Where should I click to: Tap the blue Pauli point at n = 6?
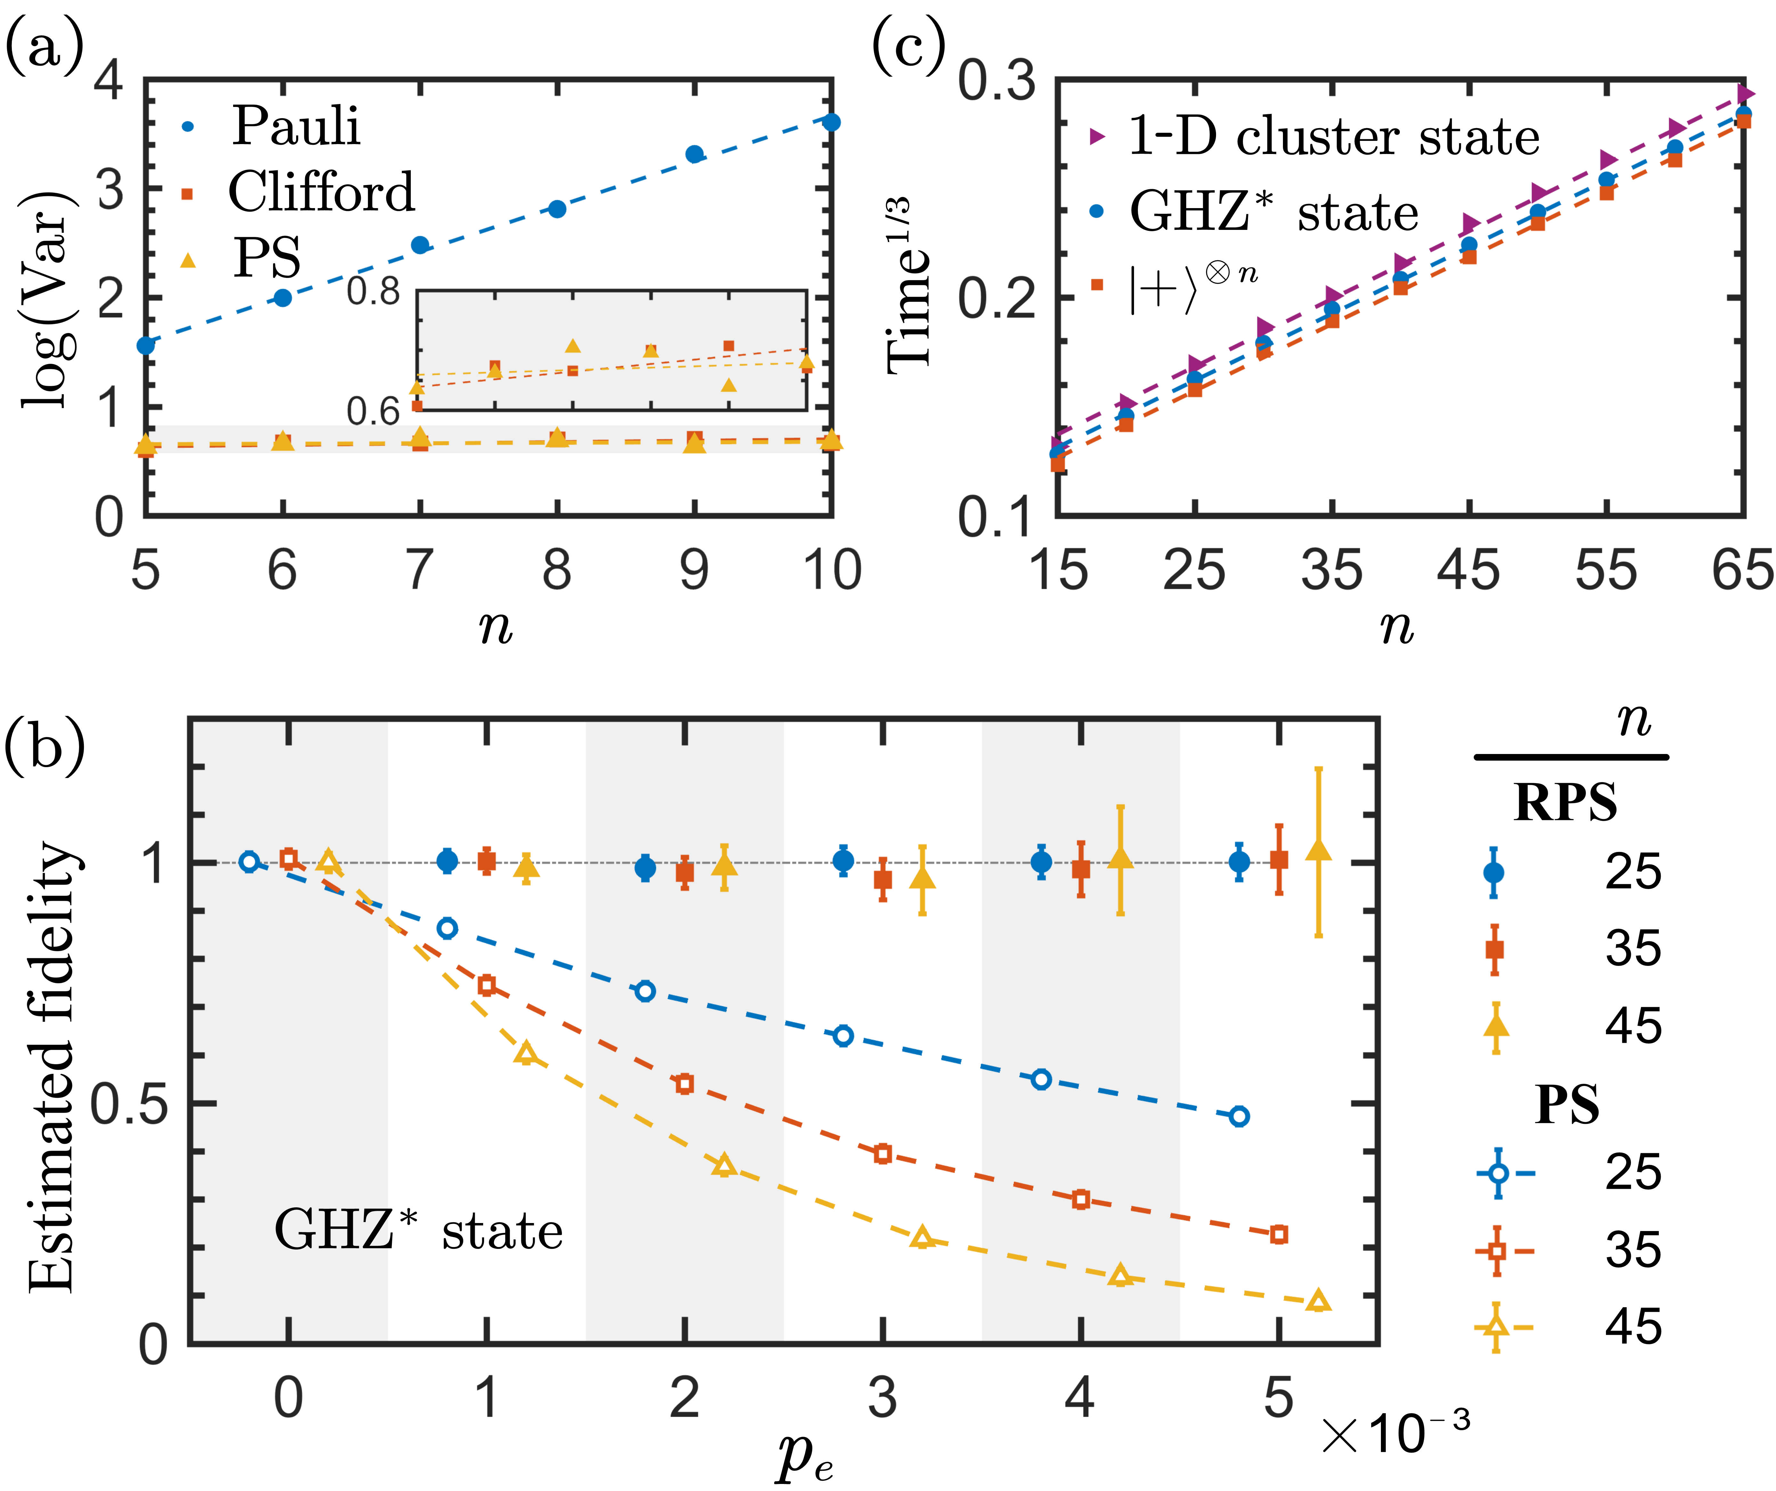point(283,298)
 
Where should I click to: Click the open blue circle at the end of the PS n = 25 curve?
point(1239,1116)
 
